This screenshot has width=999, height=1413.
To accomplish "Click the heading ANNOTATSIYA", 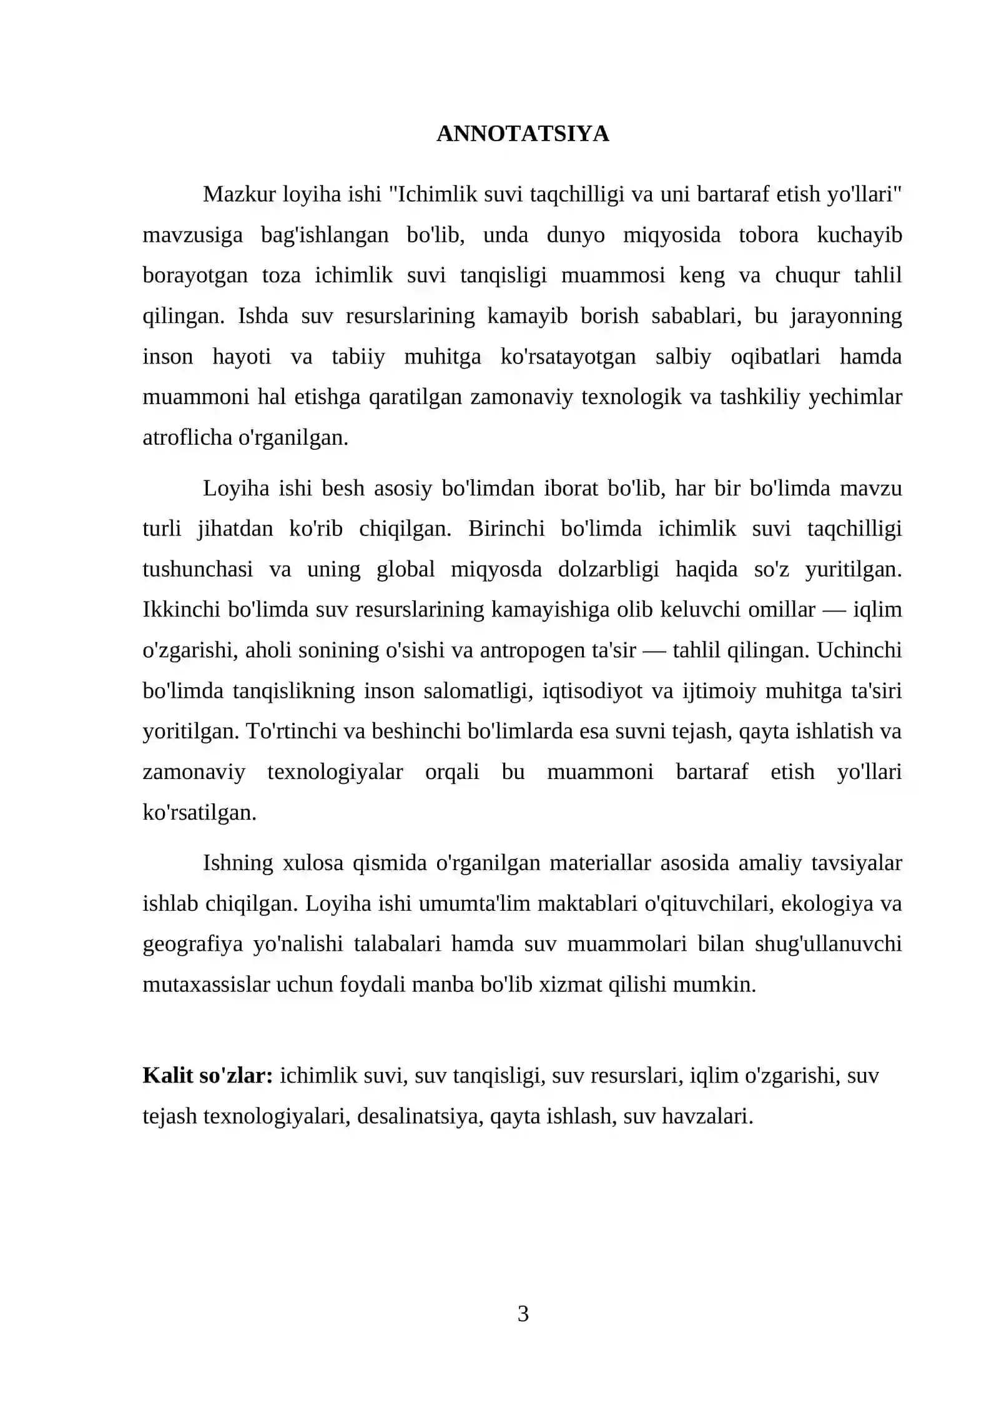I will [523, 134].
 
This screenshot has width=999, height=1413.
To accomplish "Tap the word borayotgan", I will [195, 275].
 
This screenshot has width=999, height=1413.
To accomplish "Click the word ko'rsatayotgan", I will [568, 357].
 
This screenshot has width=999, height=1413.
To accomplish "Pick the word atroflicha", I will [187, 437].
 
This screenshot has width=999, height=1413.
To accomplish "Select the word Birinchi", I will [506, 528].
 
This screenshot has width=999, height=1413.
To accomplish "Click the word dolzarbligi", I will [608, 569].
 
